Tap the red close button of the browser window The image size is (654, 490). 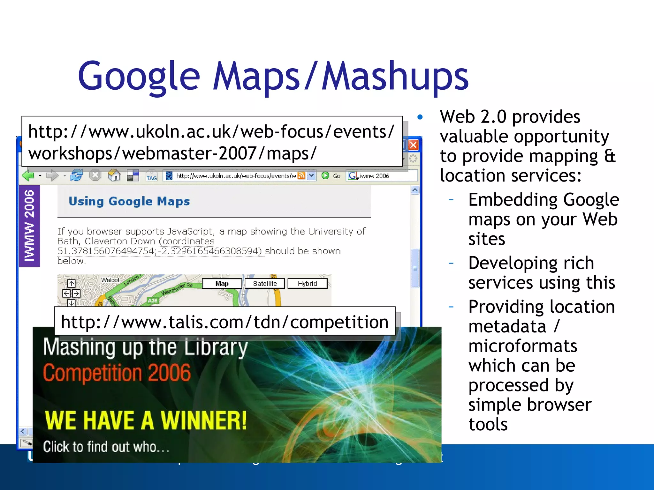pos(414,145)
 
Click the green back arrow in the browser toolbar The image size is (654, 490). pos(28,175)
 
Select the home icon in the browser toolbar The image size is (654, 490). pos(114,175)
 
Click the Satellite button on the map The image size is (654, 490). pos(265,284)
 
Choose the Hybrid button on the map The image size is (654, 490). pos(307,284)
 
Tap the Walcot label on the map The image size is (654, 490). pos(110,280)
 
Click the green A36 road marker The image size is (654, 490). pos(153,300)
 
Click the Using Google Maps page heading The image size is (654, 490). pos(129,201)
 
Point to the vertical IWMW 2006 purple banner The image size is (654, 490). pos(29,226)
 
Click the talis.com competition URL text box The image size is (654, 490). pos(225,322)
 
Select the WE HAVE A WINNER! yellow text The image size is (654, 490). pos(146,420)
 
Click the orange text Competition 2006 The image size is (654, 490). pos(117,373)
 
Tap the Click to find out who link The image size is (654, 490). pos(106,447)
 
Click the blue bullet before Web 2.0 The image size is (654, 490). pos(420,117)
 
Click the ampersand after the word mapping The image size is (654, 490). pos(610,156)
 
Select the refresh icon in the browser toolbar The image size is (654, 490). pos(77,175)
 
